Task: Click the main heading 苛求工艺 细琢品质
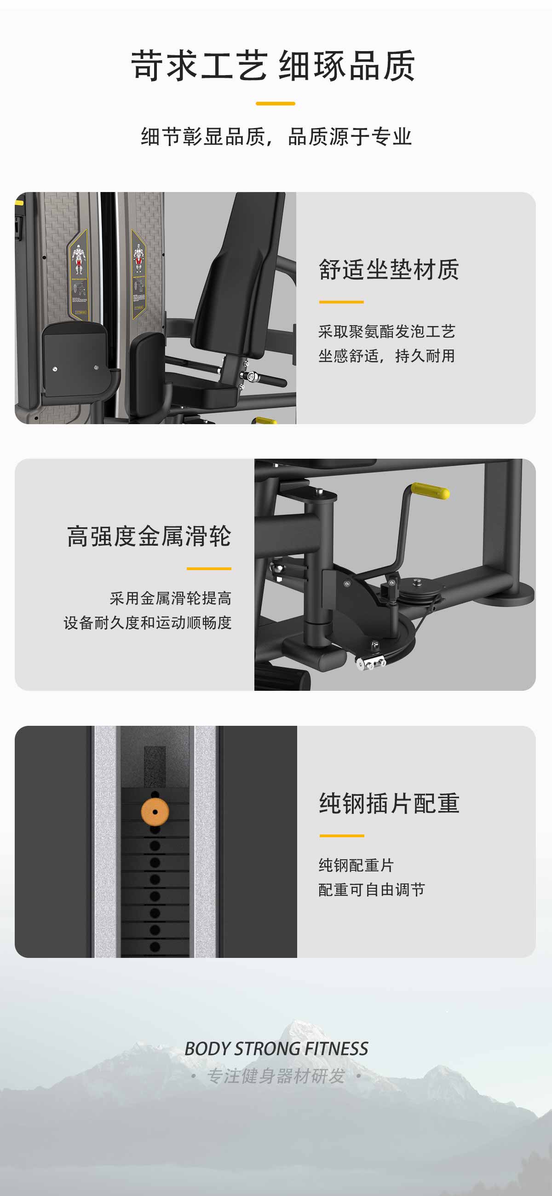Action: click(273, 66)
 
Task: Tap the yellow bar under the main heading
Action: click(276, 104)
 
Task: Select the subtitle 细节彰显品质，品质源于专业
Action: click(276, 136)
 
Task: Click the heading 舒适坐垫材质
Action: click(389, 269)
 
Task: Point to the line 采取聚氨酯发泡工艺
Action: click(387, 332)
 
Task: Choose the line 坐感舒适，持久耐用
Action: click(386, 356)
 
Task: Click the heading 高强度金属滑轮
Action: click(149, 536)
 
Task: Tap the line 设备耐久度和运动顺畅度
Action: click(148, 623)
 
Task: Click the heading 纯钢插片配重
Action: click(389, 803)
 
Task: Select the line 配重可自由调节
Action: click(372, 890)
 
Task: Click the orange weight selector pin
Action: click(155, 811)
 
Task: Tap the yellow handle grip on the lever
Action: click(430, 491)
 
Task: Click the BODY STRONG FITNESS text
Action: click(276, 1049)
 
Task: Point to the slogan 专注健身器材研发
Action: click(276, 1076)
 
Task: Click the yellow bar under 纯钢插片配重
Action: click(342, 836)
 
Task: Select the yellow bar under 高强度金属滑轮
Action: click(209, 568)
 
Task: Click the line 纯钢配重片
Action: click(356, 865)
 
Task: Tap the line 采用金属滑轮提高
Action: click(171, 598)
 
